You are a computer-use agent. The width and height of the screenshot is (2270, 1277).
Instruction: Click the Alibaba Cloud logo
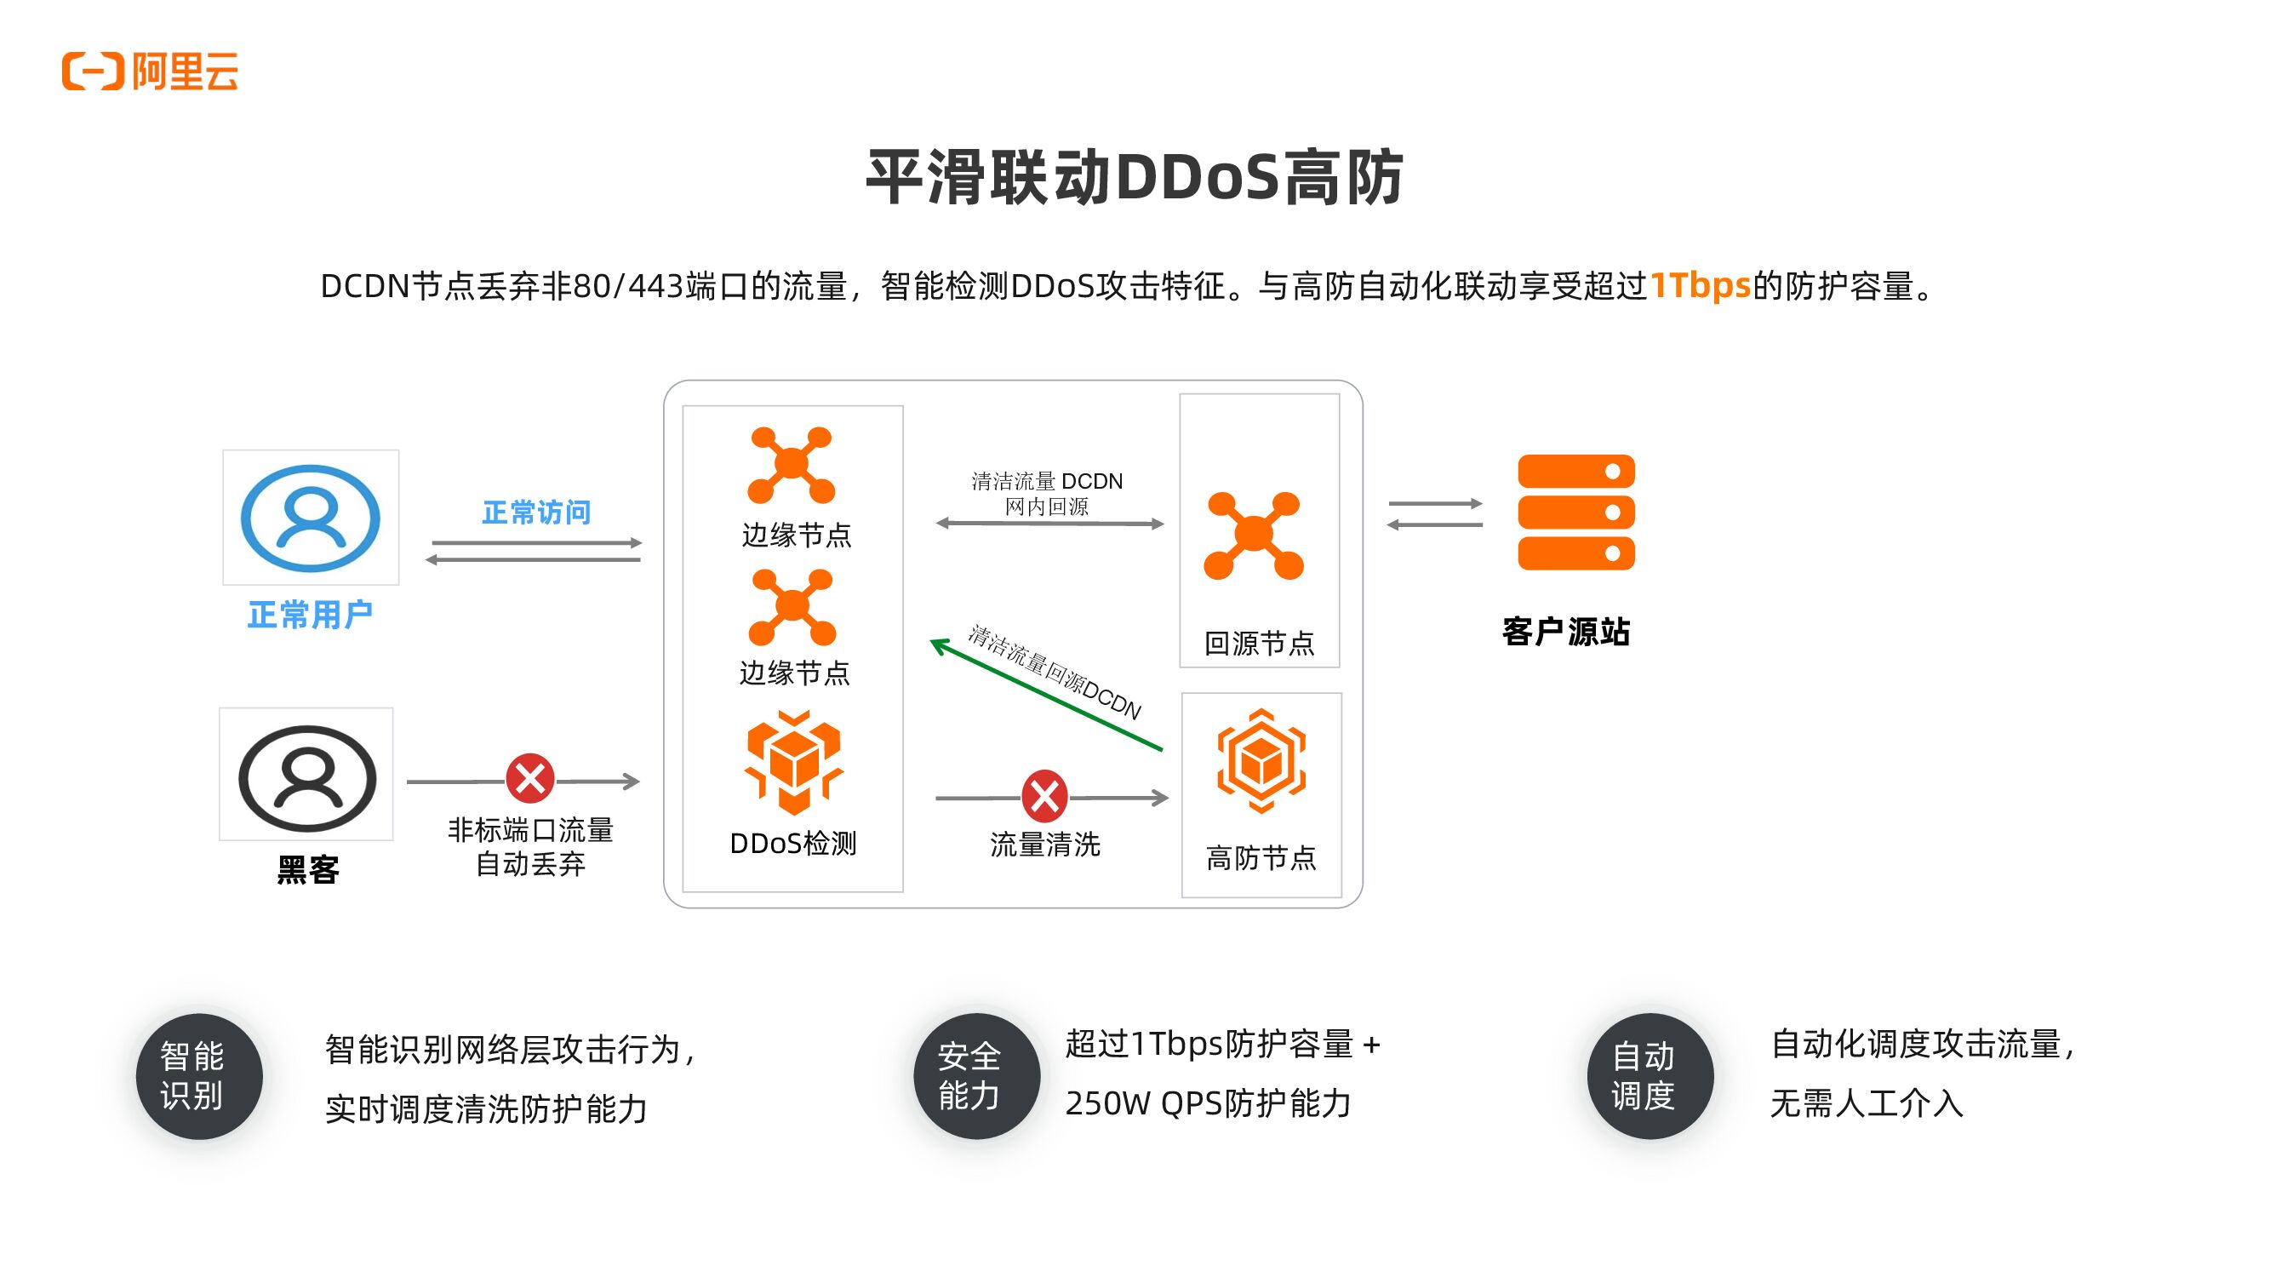[x=150, y=72]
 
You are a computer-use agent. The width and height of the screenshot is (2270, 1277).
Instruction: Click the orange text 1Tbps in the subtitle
[x=1699, y=285]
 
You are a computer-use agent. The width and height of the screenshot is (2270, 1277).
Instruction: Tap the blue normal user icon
[x=310, y=518]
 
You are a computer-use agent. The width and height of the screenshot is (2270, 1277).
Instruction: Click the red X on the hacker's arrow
[x=529, y=778]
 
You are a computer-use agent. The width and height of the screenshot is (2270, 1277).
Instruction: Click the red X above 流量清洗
[x=1044, y=797]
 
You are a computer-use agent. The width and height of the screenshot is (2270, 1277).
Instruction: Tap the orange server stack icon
[x=1575, y=512]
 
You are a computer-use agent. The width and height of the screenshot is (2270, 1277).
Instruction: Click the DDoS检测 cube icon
[x=793, y=762]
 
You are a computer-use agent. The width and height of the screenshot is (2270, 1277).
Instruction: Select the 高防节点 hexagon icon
[x=1261, y=759]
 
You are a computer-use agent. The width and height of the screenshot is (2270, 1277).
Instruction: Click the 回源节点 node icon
[x=1253, y=535]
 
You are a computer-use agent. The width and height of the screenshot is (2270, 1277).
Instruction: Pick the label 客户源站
[x=1566, y=632]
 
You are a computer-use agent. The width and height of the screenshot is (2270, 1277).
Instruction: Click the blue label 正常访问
[x=535, y=512]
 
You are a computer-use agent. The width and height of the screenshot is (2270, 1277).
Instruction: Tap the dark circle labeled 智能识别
[x=199, y=1075]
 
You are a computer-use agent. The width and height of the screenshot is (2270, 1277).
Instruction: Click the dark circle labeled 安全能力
[x=976, y=1075]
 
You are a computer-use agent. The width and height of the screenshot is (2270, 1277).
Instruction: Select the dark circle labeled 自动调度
[x=1650, y=1075]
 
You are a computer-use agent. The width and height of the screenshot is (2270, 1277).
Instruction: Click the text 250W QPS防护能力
[x=1207, y=1103]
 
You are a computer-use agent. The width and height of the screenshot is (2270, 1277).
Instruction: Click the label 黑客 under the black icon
[x=307, y=870]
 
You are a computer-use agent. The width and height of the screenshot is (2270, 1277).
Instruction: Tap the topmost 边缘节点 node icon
[x=792, y=465]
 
